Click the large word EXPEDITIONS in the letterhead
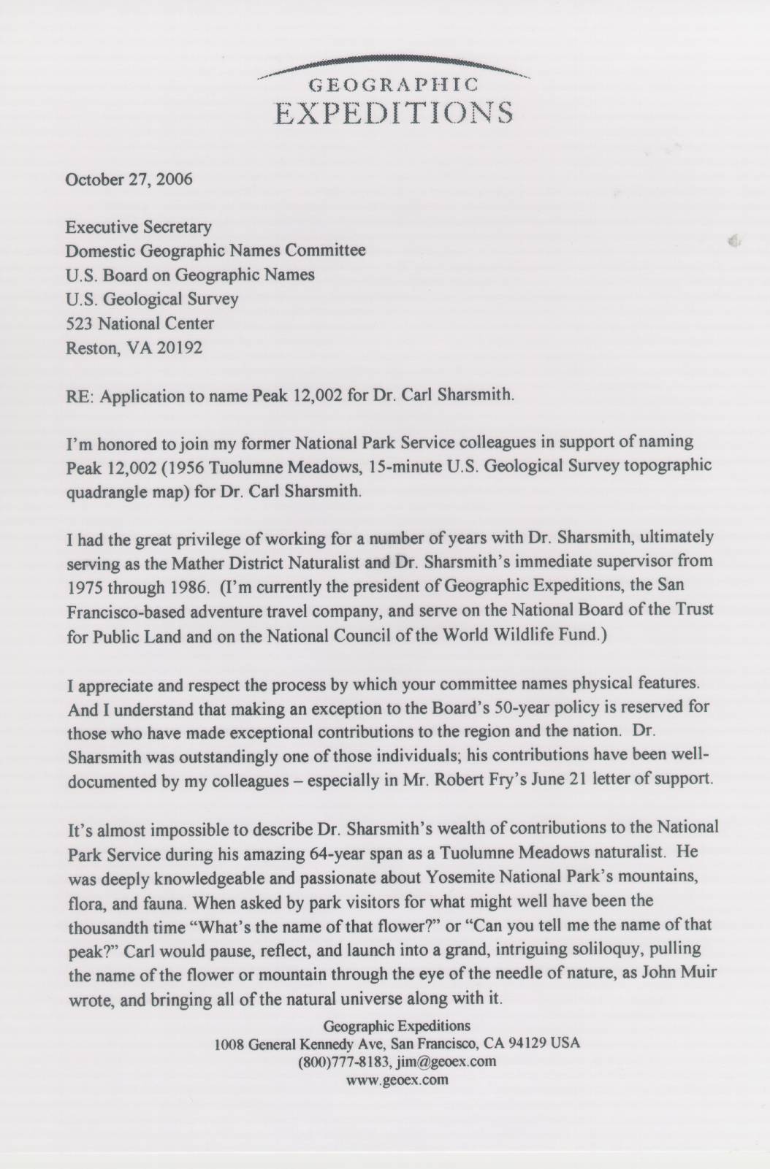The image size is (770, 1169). point(394,114)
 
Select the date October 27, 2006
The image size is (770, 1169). point(129,180)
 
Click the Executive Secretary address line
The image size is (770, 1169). point(139,227)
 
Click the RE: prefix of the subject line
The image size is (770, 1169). point(81,396)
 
